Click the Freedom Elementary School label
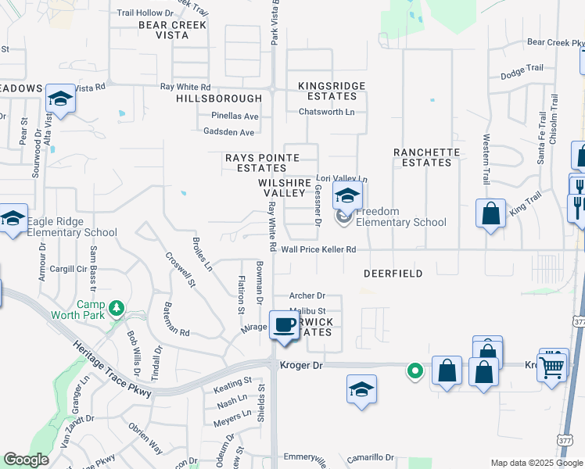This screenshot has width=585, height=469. pyautogui.click(x=400, y=217)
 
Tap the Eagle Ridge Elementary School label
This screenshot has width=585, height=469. pyautogui.click(x=71, y=227)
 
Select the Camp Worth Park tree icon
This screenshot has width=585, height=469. pyautogui.click(x=117, y=307)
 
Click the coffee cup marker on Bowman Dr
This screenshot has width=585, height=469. pyautogui.click(x=284, y=325)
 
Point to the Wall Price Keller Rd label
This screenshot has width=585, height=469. pyautogui.click(x=319, y=249)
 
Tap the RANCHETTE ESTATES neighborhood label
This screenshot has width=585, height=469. pyautogui.click(x=422, y=157)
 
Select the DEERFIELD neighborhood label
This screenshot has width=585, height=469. pyautogui.click(x=393, y=274)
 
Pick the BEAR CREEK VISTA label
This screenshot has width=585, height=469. pyautogui.click(x=172, y=30)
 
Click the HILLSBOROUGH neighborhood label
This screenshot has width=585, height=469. pyautogui.click(x=219, y=98)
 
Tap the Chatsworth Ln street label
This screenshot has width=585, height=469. pyautogui.click(x=326, y=112)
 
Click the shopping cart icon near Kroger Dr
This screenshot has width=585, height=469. pyautogui.click(x=553, y=365)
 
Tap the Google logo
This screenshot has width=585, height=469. pyautogui.click(x=27, y=460)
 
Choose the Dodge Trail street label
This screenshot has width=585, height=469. pyautogui.click(x=522, y=70)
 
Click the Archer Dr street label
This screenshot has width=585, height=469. pyautogui.click(x=307, y=296)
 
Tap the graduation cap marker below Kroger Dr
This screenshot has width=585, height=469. pyautogui.click(x=362, y=389)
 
